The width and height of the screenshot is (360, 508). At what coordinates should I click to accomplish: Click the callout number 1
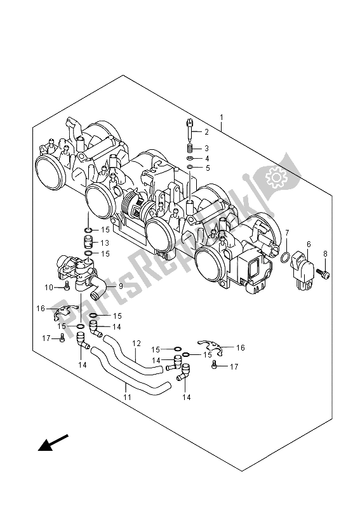tap(221, 117)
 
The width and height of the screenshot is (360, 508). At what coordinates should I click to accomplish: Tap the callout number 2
tap(206, 131)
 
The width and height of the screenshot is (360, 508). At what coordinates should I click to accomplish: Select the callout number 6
tap(309, 244)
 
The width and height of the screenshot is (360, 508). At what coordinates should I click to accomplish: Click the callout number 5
tap(206, 168)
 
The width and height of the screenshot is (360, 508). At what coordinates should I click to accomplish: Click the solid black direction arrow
tap(51, 442)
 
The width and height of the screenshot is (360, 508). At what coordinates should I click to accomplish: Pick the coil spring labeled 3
tap(190, 148)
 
